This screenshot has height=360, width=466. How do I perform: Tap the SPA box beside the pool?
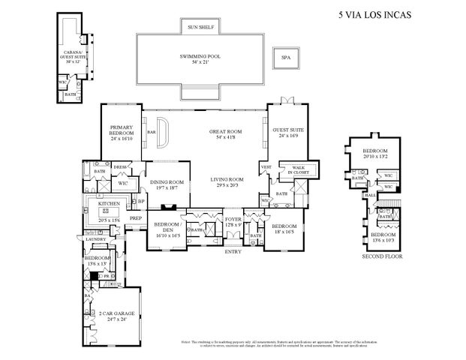(285, 56)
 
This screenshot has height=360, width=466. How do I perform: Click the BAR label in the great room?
(151, 132)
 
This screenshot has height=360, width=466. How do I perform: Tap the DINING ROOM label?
(167, 183)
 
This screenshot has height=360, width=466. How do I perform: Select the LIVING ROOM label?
(226, 181)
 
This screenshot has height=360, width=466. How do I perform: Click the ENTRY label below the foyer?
(233, 251)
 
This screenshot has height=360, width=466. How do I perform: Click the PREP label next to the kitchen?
(136, 218)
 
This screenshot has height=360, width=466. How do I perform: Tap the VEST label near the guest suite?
(265, 166)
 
